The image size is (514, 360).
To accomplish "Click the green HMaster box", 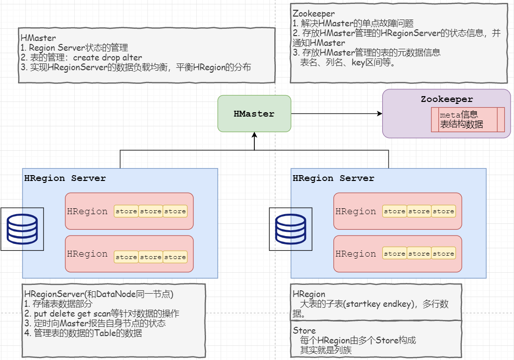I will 254,114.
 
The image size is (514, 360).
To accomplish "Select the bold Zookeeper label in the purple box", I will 447,100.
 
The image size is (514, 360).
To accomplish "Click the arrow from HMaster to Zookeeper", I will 337,114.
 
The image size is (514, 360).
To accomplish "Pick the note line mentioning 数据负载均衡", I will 136,67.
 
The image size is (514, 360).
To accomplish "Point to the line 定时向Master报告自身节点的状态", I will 95,323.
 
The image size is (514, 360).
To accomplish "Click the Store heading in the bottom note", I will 304,331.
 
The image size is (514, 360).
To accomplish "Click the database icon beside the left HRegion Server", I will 22,229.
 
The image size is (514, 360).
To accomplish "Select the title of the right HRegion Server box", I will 333,179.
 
